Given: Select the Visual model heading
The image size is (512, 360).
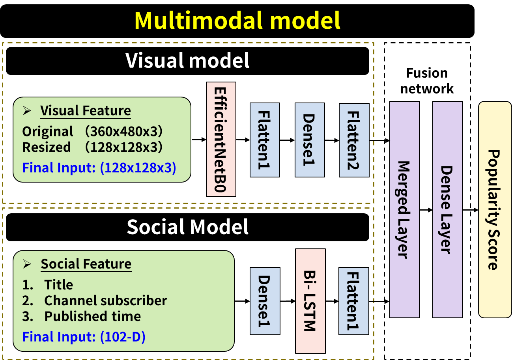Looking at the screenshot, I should [188, 61].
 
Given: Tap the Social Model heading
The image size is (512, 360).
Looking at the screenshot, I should [188, 227].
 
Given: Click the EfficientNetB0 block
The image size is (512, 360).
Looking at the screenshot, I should [221, 139].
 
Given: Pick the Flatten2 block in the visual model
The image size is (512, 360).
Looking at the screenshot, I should [354, 140].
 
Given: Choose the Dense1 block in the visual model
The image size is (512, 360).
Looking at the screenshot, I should [310, 140].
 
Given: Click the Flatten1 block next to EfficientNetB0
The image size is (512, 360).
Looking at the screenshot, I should [265, 140].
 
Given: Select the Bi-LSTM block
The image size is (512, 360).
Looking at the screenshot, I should [310, 300].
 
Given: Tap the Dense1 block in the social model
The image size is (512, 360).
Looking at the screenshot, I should [265, 300].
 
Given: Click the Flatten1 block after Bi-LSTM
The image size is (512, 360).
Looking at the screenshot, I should [354, 300].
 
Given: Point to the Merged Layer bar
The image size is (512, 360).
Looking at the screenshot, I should [404, 209].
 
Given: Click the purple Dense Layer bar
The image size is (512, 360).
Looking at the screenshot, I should [447, 209].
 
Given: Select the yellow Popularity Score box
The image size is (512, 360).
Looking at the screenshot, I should [495, 209].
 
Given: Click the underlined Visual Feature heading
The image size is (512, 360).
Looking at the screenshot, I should [85, 110].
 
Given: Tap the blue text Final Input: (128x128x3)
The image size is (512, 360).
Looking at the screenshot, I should [99, 168].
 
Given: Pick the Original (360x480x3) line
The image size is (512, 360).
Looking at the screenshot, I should [92, 131].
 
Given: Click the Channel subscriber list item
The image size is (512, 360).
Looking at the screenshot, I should [105, 300].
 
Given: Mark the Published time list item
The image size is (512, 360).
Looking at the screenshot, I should [92, 316].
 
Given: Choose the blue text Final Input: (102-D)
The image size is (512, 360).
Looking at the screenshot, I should [84, 337].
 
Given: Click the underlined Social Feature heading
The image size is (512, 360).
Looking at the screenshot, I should [86, 264].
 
